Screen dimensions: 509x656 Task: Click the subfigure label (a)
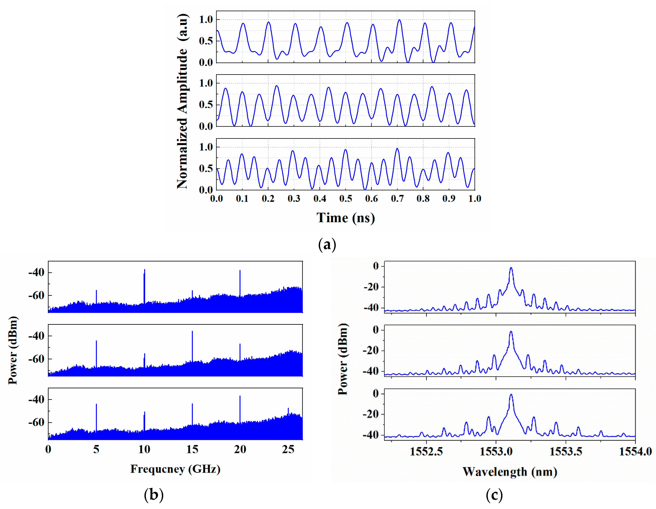327,245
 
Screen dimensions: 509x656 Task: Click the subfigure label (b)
154,494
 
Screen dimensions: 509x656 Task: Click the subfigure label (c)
494,494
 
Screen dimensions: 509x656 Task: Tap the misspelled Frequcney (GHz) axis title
175,469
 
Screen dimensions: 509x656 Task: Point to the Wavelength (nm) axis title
510,472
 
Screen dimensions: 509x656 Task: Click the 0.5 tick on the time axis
345,198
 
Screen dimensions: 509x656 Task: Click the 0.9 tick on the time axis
449,198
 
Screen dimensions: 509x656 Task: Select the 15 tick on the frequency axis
192,449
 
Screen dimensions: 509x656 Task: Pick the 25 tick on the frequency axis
288,449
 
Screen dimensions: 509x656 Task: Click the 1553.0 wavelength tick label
496,451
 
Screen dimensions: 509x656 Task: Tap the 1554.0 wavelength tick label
635,451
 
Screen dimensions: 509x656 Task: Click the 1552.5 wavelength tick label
426,451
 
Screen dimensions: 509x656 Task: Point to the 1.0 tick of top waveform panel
206,20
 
